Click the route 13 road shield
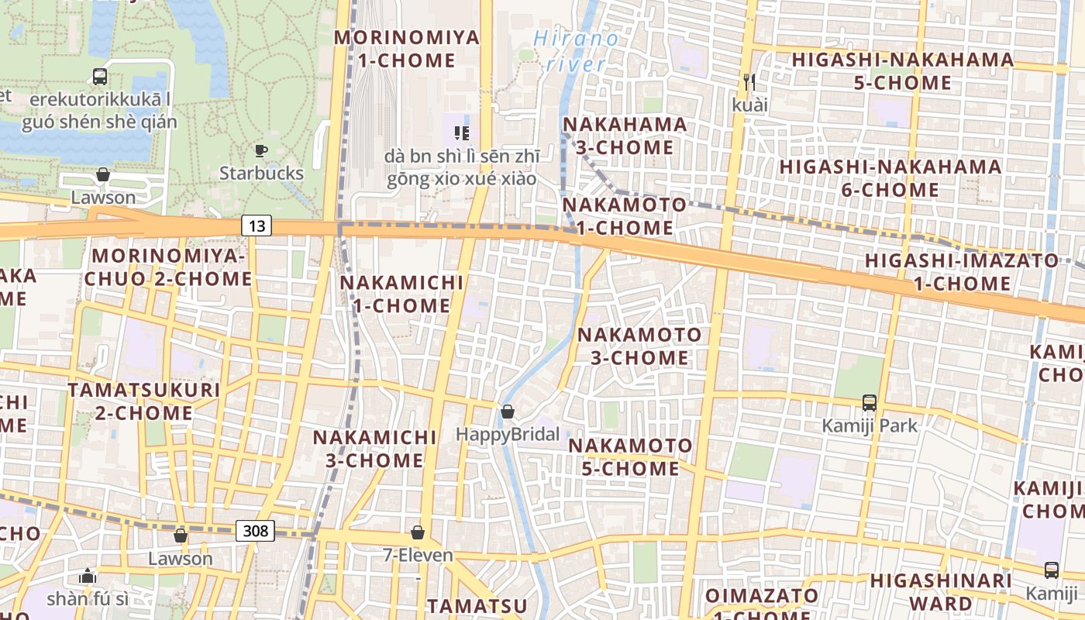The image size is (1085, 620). coord(257,226)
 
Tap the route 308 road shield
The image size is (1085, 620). coord(255,531)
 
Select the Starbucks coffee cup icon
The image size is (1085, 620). coord(261,150)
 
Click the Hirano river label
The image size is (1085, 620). coord(577,51)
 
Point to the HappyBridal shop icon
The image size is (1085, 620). coord(508,412)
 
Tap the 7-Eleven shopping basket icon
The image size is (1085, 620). coord(418,532)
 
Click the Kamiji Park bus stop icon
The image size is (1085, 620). coord(870,403)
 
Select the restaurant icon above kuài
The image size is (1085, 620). coord(748,81)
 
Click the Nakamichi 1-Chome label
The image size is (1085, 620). coord(401,294)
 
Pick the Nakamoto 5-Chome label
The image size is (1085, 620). coord(630,457)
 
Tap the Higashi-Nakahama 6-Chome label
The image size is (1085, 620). coord(890,178)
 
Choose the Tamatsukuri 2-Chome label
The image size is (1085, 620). coord(143,401)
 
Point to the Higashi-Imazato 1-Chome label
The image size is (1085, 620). coord(962,271)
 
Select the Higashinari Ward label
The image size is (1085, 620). coord(941,591)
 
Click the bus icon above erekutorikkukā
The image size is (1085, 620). coord(100,77)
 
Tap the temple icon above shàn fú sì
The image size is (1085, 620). coord(88,576)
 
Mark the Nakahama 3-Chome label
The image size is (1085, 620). coord(625,136)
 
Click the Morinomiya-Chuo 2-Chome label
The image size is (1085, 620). coord(168,267)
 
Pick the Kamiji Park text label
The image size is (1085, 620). coord(870,425)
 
